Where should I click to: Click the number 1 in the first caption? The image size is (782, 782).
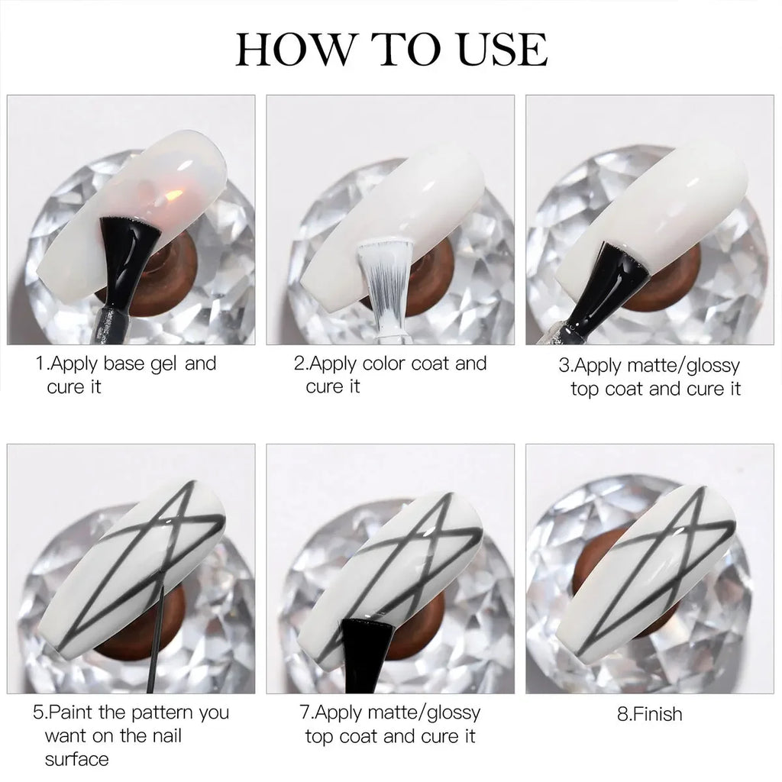coord(40,364)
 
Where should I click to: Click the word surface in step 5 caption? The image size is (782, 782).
coord(76,759)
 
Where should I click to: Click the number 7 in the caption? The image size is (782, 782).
coord(305,713)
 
